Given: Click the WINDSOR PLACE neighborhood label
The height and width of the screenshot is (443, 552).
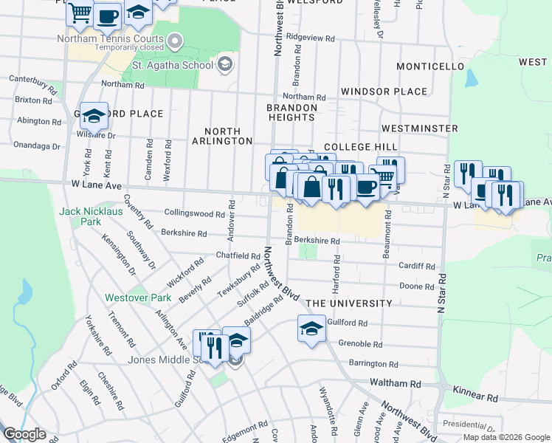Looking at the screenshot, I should tap(384, 92).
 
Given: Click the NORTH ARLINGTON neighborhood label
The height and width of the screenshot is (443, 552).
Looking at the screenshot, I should tap(222, 140).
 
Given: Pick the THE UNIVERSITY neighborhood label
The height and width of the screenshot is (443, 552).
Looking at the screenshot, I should tap(349, 303).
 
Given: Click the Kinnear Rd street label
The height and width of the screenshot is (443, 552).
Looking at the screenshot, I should tap(475, 397).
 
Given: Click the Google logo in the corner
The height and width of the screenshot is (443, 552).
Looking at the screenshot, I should tap(24, 434).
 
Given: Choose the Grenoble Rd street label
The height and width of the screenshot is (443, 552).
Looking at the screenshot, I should tap(360, 344).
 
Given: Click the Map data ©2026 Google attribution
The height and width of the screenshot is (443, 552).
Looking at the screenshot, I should tap(506, 437).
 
